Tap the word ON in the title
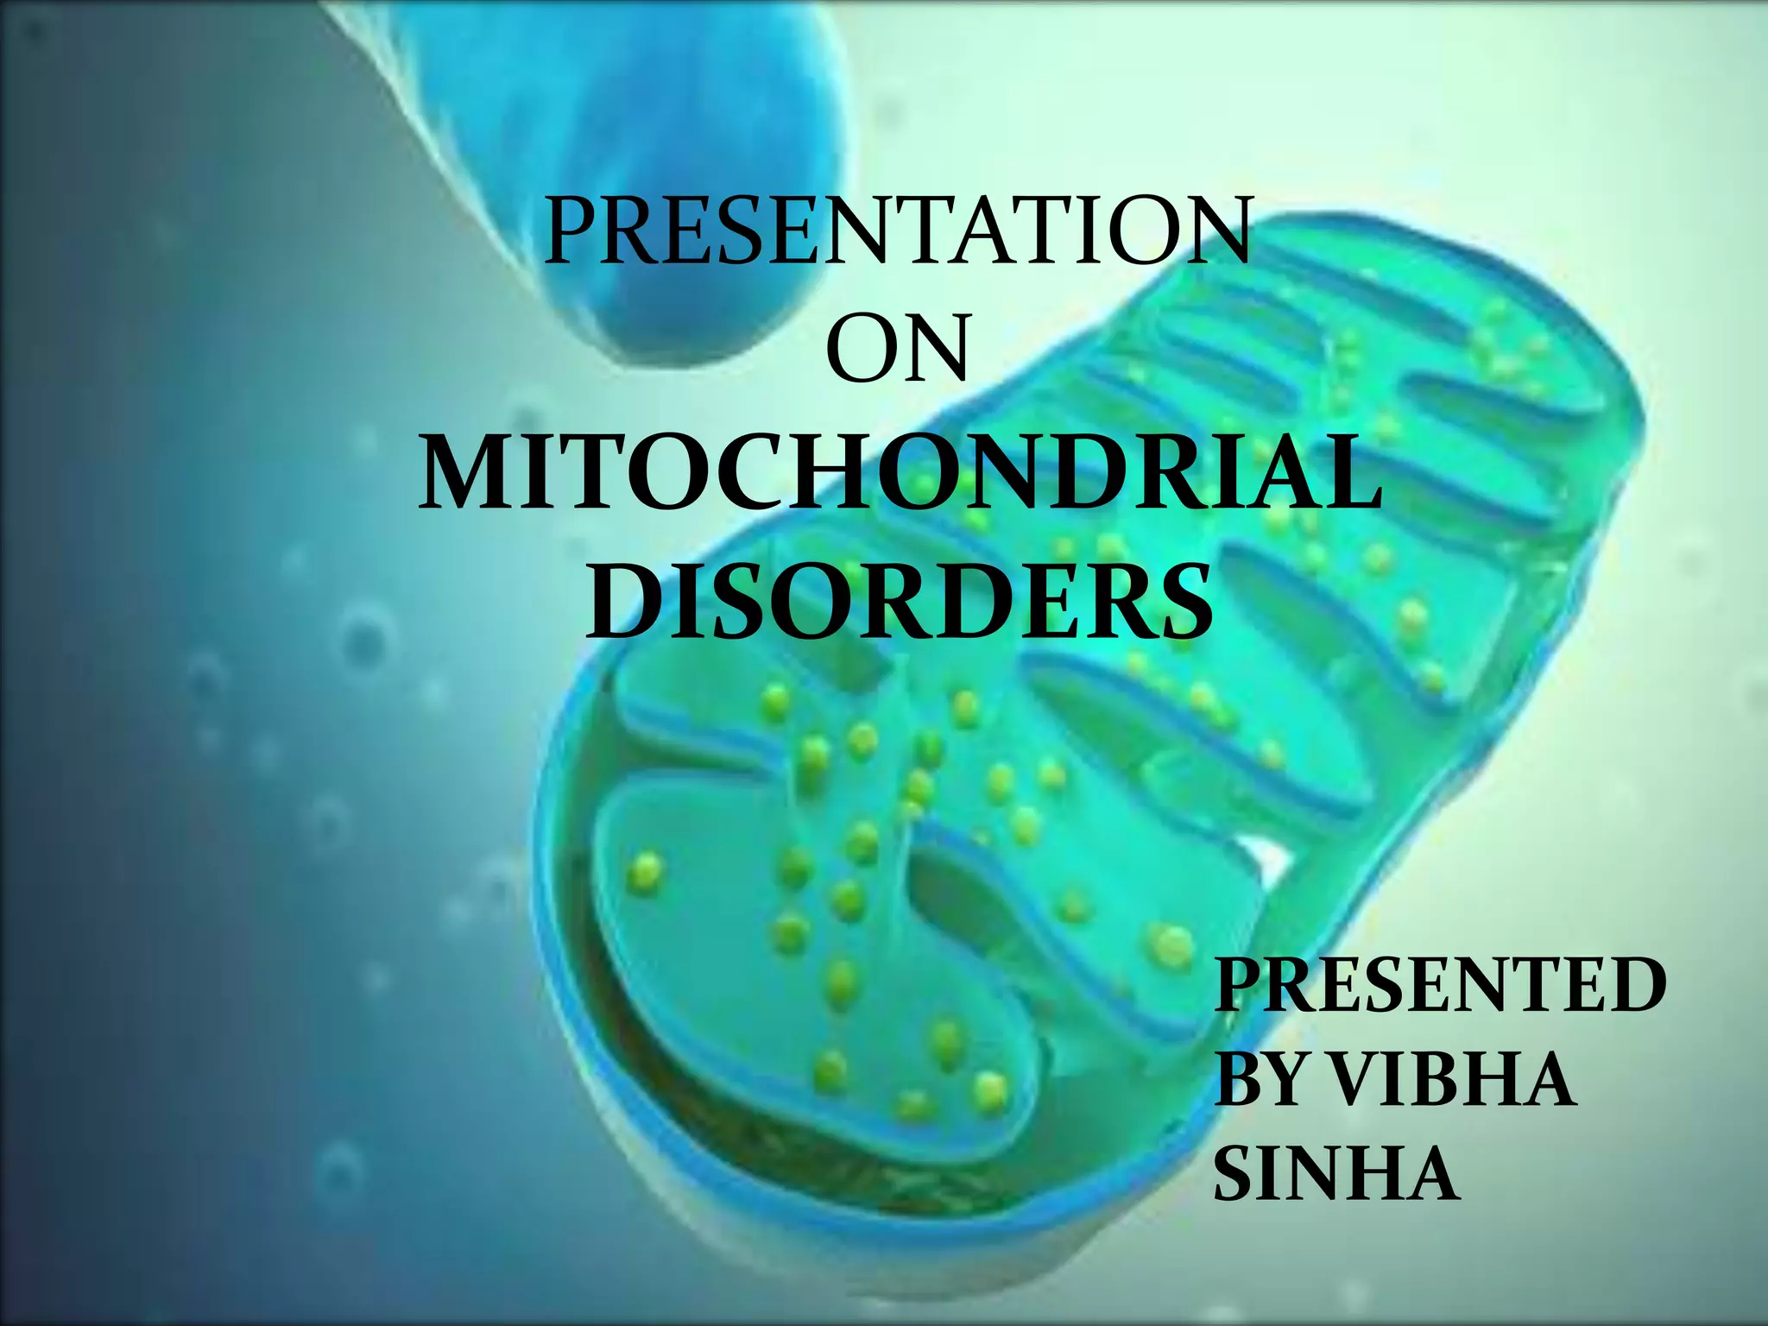pyautogui.click(x=898, y=349)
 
